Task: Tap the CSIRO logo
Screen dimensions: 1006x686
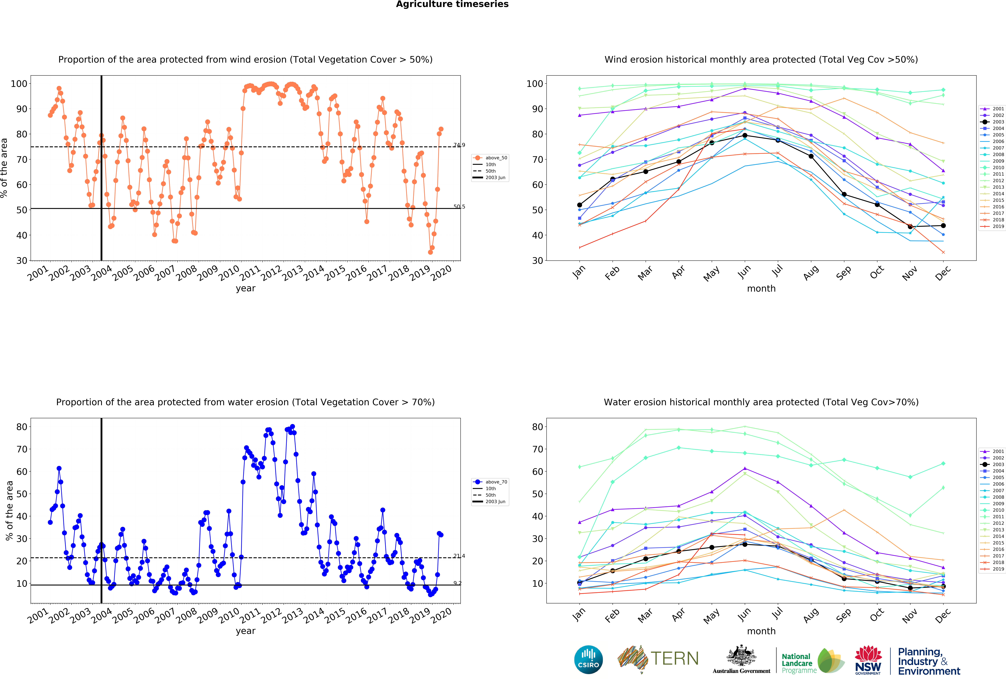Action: point(588,660)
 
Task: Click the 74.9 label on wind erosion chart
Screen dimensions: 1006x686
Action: point(459,145)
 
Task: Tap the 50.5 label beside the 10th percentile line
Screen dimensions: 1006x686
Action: point(459,207)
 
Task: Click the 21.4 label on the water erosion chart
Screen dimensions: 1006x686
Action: point(459,556)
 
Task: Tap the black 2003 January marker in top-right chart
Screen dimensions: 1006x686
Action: point(580,205)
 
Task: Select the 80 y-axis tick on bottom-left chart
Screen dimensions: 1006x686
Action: point(22,427)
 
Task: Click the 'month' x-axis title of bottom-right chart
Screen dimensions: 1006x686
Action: point(761,631)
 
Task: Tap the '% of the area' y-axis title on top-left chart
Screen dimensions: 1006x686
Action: point(4,168)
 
